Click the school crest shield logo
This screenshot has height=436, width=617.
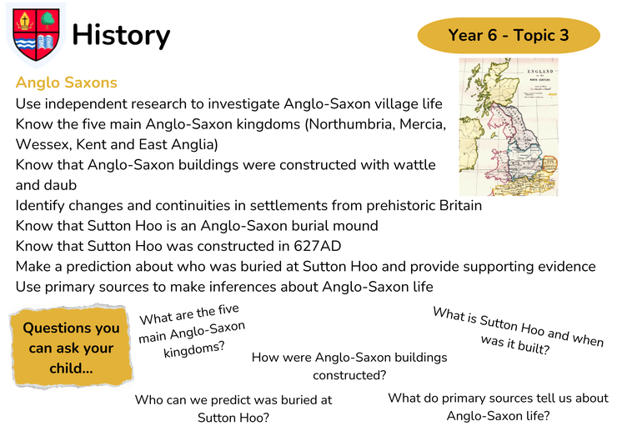(x=36, y=35)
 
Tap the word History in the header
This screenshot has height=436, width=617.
(x=121, y=35)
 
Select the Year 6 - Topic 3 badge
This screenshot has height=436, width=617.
(x=509, y=35)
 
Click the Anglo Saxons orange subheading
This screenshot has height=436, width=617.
(x=67, y=83)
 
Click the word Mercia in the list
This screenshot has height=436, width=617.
(x=423, y=124)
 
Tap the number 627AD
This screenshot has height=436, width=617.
(x=317, y=246)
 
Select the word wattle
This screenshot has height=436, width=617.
(x=414, y=164)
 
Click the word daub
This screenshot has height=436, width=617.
(x=61, y=185)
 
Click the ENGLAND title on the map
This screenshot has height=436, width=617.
(x=540, y=72)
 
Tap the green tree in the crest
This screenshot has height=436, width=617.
(x=48, y=20)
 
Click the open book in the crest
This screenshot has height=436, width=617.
(x=46, y=43)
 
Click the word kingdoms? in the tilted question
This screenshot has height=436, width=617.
(x=194, y=349)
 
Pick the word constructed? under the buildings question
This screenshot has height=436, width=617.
(x=349, y=375)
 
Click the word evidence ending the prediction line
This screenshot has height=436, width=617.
(x=567, y=267)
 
